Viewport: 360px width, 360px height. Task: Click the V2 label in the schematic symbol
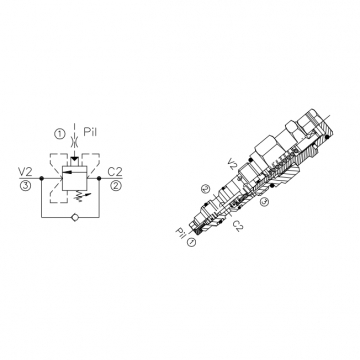[x=26, y=172]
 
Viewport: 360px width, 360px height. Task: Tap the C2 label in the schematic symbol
[x=115, y=172]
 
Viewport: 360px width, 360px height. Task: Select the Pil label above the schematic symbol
[x=90, y=132]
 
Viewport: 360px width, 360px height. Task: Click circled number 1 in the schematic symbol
[x=60, y=134]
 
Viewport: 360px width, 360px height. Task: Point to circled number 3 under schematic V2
[x=26, y=185]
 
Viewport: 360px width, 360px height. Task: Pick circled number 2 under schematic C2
[x=116, y=185]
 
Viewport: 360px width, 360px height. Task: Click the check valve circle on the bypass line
[x=75, y=217]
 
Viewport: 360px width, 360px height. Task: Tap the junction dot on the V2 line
[x=41, y=178]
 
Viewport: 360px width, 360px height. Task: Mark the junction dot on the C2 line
[x=99, y=178]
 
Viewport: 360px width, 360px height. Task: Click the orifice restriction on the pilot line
[x=75, y=141]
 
